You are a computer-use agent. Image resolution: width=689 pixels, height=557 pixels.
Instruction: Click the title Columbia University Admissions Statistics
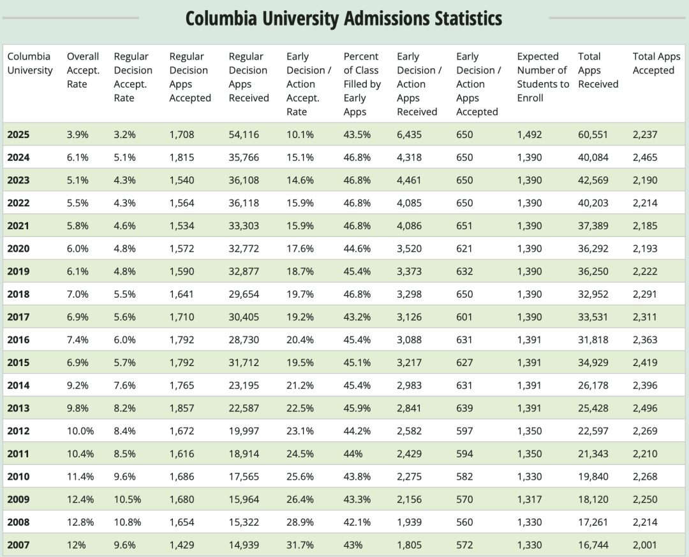pyautogui.click(x=344, y=18)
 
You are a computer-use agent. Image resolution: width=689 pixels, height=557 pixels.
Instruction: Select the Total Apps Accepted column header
pyautogui.click(x=656, y=63)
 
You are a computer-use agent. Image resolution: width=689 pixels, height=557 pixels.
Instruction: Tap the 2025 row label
pyautogui.click(x=19, y=135)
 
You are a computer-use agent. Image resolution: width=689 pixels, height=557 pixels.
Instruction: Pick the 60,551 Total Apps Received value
pyautogui.click(x=593, y=135)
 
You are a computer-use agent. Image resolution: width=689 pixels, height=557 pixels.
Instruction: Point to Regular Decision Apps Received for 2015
pyautogui.click(x=244, y=363)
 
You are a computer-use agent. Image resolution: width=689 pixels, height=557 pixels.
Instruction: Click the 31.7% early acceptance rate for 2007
pyautogui.click(x=300, y=545)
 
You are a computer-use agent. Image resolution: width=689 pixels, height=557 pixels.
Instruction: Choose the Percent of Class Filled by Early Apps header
pyautogui.click(x=362, y=84)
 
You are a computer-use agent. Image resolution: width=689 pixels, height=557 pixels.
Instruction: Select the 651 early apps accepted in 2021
pyautogui.click(x=464, y=226)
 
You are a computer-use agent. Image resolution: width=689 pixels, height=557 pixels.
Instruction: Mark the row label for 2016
pyautogui.click(x=19, y=340)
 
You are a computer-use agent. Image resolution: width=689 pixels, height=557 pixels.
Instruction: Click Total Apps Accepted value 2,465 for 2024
pyautogui.click(x=645, y=158)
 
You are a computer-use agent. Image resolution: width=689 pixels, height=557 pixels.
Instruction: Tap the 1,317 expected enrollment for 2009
pyautogui.click(x=529, y=500)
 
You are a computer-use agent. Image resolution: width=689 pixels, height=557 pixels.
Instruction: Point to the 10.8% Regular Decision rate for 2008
pyautogui.click(x=128, y=523)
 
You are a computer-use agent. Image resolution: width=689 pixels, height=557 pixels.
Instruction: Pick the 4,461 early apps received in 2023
pyautogui.click(x=409, y=180)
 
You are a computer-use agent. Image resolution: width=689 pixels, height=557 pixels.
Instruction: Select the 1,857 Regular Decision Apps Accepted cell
pyautogui.click(x=181, y=408)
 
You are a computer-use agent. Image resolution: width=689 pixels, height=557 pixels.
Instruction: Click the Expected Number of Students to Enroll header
pyautogui.click(x=542, y=77)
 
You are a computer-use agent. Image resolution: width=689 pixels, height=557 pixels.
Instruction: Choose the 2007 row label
pyautogui.click(x=19, y=545)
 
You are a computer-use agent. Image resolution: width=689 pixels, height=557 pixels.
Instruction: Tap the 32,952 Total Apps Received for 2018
pyautogui.click(x=593, y=294)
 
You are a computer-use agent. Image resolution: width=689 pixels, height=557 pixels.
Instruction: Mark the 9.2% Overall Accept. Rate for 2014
pyautogui.click(x=77, y=386)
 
